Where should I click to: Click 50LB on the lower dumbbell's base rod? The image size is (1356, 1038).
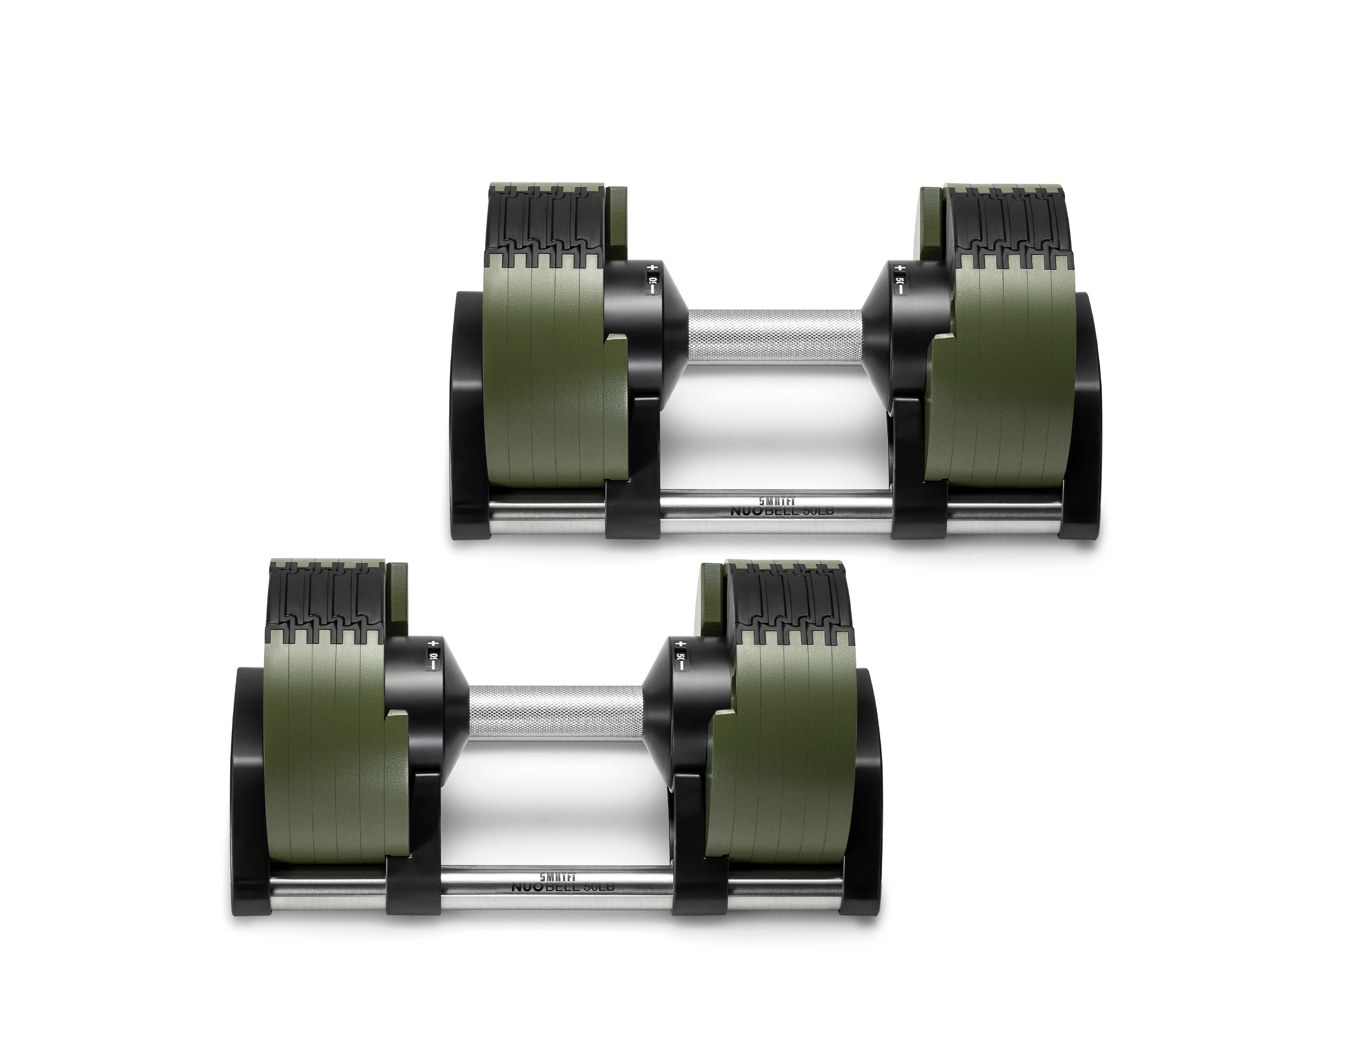coord(596,888)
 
